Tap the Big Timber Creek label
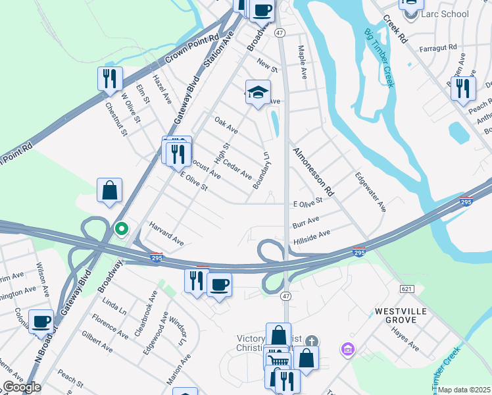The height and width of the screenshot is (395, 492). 380,58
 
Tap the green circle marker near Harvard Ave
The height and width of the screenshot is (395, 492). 121,229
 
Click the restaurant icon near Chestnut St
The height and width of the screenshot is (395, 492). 110,78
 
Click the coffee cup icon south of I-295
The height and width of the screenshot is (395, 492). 219,284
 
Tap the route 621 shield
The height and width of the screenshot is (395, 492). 405,289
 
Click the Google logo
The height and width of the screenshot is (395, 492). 22,387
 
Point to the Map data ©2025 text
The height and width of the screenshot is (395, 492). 464,390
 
